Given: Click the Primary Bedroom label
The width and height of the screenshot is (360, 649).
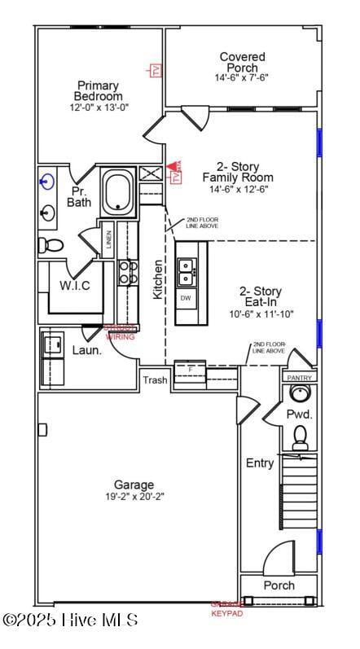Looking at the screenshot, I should coord(98,90).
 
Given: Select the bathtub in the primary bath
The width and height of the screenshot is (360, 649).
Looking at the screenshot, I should coord(119,192).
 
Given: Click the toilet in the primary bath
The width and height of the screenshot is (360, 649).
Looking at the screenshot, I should coord(50,245).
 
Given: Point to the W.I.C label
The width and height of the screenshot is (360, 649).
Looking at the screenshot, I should coord(74,286).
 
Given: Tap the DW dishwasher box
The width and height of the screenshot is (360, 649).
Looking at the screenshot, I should coord(186,298).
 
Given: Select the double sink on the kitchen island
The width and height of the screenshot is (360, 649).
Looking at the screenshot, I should coord(186,272).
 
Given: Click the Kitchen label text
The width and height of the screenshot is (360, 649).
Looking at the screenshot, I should coord(158,279).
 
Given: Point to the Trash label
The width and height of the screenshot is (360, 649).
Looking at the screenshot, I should coord(155,380).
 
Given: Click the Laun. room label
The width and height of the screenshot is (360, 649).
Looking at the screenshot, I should coord(88,350).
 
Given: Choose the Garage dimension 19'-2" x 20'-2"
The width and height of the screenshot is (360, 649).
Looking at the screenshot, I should coord(134,497).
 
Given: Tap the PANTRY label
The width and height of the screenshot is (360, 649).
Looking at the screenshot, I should coord(299,378).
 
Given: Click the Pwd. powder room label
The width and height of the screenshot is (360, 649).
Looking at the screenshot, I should coord(298,414).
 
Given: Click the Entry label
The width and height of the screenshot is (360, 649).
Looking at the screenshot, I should coord(260,463).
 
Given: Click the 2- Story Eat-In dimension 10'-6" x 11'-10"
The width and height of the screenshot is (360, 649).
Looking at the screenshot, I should coord(260,314).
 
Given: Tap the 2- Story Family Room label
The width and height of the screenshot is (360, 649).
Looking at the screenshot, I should coord(238,172).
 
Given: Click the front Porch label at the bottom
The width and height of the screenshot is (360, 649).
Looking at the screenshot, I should coord(279,585).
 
